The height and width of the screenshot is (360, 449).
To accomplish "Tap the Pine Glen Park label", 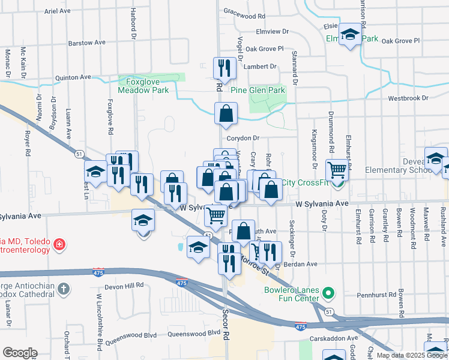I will (258, 90).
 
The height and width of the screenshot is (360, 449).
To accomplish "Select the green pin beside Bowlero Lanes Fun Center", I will (328, 294).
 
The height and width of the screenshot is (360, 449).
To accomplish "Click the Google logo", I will (20, 353).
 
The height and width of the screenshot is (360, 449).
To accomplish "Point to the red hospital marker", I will (59, 244).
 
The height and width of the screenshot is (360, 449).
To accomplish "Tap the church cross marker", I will (64, 290).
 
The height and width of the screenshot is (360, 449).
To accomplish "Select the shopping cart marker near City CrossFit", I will (337, 170).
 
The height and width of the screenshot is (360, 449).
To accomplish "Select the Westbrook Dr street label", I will (408, 97).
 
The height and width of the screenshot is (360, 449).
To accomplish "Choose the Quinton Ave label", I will (73, 77).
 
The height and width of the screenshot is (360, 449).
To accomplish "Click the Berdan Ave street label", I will (303, 263).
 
